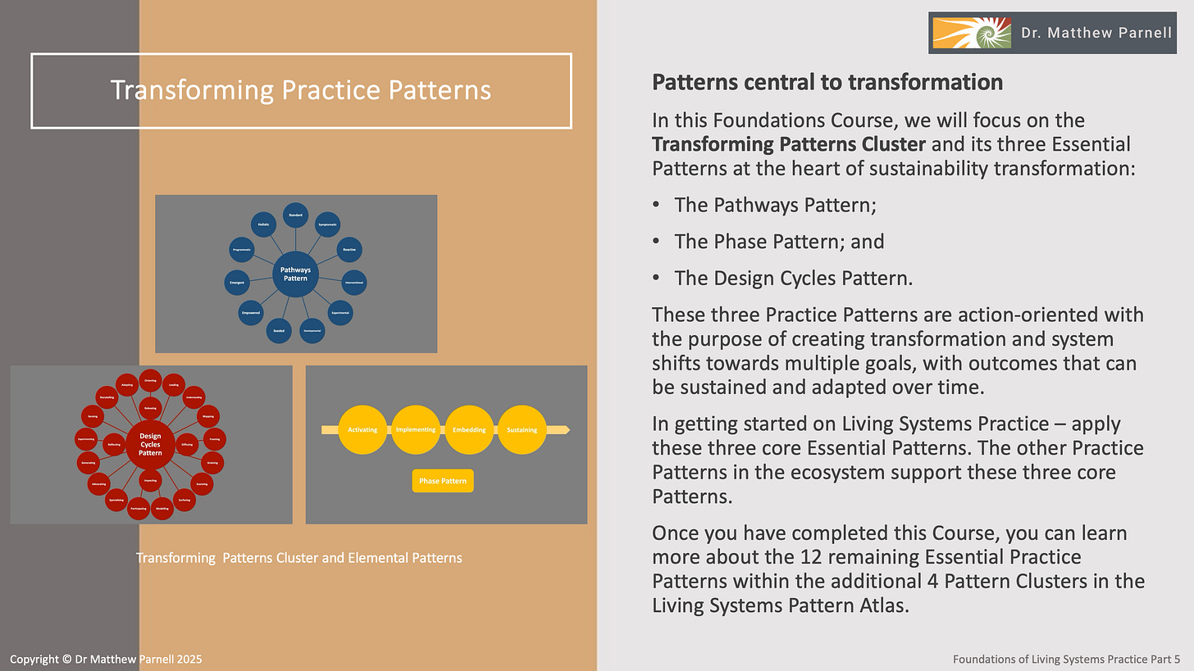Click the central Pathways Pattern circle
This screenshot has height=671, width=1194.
(x=295, y=274)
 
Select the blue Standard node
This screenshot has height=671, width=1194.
(x=295, y=215)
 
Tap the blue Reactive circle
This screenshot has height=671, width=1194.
(x=349, y=249)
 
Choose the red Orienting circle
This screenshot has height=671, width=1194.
(x=150, y=380)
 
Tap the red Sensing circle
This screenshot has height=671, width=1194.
(x=93, y=417)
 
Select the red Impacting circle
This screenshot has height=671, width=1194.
(x=150, y=481)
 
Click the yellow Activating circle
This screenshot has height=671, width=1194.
(x=362, y=430)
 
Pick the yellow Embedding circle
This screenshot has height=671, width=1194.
(x=469, y=430)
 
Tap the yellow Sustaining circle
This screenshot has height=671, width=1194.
(x=522, y=430)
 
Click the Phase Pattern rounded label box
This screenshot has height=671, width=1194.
(x=443, y=481)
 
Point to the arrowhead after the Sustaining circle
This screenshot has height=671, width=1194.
(x=566, y=430)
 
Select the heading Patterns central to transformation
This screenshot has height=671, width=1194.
(x=827, y=83)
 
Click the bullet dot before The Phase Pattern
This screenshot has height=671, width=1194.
(x=657, y=242)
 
